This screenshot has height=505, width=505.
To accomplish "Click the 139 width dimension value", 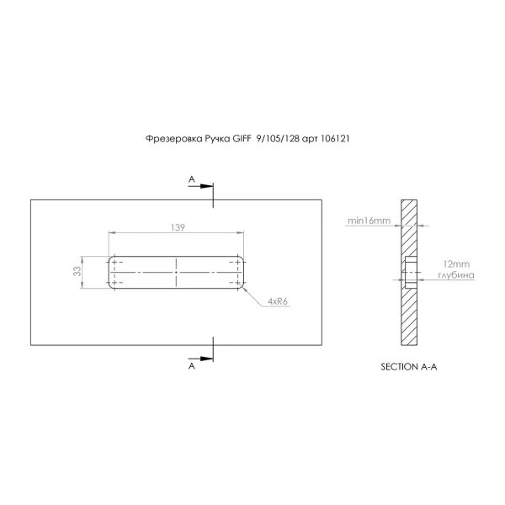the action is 178,227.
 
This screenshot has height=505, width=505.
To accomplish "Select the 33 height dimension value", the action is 77,271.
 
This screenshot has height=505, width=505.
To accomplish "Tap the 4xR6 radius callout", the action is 277,301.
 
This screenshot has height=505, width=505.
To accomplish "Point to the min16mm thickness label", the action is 369,221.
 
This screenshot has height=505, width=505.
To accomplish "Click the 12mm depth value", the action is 456,264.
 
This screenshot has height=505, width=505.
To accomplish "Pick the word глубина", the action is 456,275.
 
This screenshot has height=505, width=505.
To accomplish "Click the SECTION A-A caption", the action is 409,367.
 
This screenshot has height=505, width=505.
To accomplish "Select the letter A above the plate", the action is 192,179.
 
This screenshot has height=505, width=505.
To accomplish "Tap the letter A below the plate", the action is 192,366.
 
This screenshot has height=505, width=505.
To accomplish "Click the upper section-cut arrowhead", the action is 206,186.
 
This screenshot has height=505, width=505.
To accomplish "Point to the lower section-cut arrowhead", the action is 206,359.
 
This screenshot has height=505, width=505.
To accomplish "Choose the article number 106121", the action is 335,139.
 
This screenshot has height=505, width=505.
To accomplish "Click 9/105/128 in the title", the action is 278,139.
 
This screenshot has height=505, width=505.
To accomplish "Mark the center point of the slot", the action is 176,273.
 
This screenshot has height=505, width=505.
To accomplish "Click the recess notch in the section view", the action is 411,272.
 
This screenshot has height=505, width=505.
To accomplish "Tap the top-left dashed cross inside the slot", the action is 114,262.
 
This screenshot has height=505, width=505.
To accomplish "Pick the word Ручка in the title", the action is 217,139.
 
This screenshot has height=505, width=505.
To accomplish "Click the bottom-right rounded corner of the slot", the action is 242,287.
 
